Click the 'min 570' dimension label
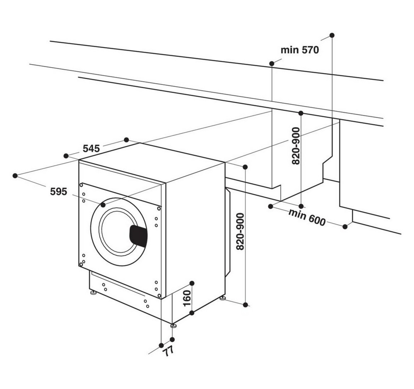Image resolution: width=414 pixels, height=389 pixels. pos(300,50)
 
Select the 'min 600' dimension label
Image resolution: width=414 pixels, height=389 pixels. pos(307,217)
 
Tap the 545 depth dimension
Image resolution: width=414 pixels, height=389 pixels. pos(91,149)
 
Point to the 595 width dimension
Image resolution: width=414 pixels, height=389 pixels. pos(59,191)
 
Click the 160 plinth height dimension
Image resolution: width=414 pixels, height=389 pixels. pos(187,298)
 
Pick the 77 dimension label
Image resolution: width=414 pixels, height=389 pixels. pos(168,351)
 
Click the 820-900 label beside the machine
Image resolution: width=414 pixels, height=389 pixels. pos(240,232)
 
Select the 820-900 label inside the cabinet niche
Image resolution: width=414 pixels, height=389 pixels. pos(296,146)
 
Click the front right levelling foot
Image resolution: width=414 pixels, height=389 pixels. pos(173,325)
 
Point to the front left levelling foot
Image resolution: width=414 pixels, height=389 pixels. pos(93,293)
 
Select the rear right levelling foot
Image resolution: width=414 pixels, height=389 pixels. pos(223,298)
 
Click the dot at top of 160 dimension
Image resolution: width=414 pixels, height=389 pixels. pos(192,283)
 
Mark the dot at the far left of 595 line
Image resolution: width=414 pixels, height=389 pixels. pos(15,176)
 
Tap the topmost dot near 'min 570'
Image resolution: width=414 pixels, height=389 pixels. pos(332,35)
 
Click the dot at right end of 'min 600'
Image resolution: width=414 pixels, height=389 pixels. pos(345,227)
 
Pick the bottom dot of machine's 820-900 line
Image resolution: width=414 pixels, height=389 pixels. pos(245,305)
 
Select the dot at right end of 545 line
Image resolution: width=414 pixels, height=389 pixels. pos(126,140)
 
